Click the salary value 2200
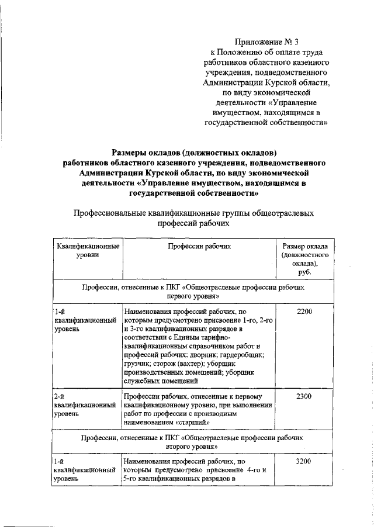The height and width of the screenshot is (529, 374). pyautogui.click(x=304, y=312)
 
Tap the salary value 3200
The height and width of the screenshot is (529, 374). pyautogui.click(x=304, y=461)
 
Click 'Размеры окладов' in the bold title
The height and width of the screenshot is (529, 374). pyautogui.click(x=142, y=153)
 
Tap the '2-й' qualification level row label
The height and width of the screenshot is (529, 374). pyautogui.click(x=58, y=396)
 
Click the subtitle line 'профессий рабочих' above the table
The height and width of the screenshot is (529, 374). pyautogui.click(x=192, y=223)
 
